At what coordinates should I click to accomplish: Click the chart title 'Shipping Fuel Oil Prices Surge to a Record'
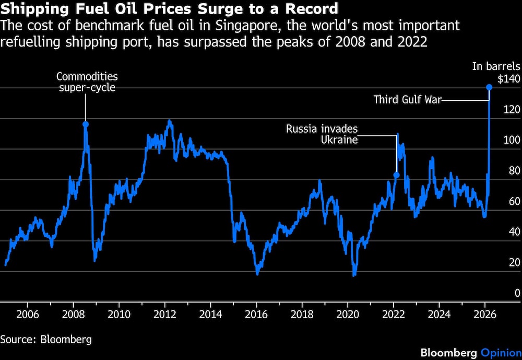tap(169, 9)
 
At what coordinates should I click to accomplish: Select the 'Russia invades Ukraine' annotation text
tap(322, 134)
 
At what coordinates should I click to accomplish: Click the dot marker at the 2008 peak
tap(86, 124)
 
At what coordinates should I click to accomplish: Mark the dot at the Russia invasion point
tap(396, 175)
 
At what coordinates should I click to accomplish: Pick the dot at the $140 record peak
tap(489, 87)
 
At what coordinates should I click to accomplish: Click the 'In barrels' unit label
tap(496, 66)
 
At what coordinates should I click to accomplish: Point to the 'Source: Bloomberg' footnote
tap(46, 339)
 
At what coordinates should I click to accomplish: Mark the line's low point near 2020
tap(354, 275)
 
